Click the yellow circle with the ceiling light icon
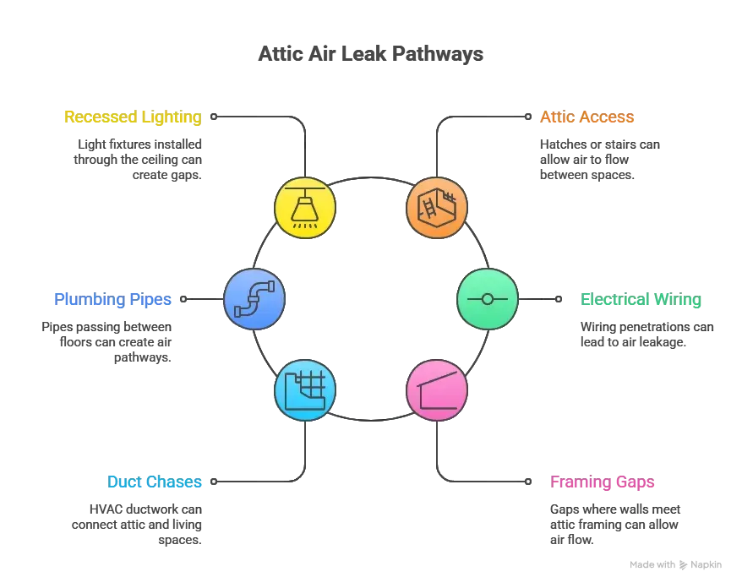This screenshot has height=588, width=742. (x=306, y=208)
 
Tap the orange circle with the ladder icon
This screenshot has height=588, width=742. (x=436, y=208)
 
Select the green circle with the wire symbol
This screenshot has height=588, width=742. (x=487, y=299)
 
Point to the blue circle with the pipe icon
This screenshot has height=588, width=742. (x=254, y=299)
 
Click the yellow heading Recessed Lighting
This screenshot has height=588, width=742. (x=133, y=117)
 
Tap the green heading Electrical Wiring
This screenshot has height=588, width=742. (x=641, y=299)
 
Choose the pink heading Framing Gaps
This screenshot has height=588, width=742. (x=602, y=482)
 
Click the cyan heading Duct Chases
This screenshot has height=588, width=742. (x=155, y=482)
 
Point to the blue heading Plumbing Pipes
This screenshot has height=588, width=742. (x=113, y=299)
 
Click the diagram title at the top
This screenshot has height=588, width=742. (x=371, y=52)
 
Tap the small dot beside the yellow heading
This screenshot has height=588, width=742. (x=213, y=117)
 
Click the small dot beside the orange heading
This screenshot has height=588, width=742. (x=528, y=117)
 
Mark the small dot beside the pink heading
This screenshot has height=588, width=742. (x=528, y=482)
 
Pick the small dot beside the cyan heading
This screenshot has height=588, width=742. (x=213, y=482)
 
